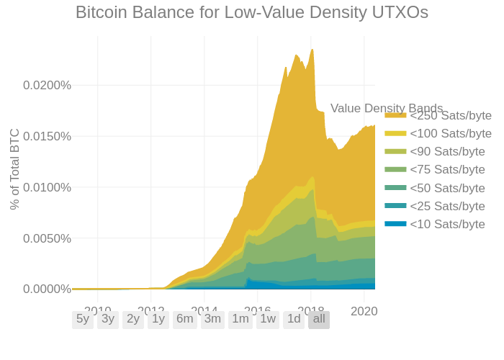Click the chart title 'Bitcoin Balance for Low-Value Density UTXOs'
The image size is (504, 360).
[x=252, y=12]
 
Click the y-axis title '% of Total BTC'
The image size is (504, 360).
[x=14, y=169]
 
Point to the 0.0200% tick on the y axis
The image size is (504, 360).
[x=47, y=85]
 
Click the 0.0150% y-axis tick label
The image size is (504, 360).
[x=47, y=136]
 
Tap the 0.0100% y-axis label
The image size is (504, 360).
[x=47, y=187]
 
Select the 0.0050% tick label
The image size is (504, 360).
[x=47, y=238]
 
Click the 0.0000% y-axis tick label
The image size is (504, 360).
[x=47, y=289]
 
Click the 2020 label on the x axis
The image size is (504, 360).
[x=364, y=311]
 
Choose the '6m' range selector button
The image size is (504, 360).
[x=184, y=319]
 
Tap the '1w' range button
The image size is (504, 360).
[x=268, y=319]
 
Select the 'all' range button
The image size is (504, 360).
[x=319, y=319]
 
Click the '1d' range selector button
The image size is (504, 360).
[x=294, y=319]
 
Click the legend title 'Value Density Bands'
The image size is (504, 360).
[x=387, y=108]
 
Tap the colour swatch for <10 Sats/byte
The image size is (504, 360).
[x=395, y=224]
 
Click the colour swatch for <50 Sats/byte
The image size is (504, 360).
[x=395, y=187]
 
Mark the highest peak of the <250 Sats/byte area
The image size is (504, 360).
[x=312, y=49]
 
